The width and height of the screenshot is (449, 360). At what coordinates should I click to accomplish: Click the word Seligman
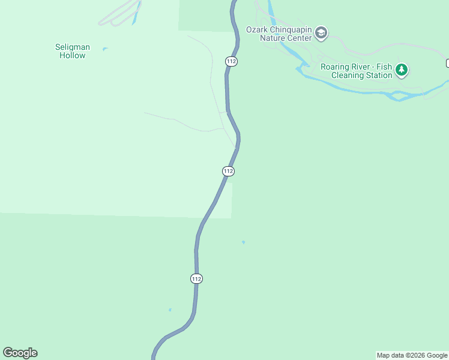pyautogui.click(x=72, y=47)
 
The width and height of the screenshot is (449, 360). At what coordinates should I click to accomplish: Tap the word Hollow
pyautogui.click(x=72, y=55)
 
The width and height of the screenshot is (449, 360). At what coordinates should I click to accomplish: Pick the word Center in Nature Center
pyautogui.click(x=299, y=38)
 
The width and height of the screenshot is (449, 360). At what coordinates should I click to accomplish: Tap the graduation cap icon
pyautogui.click(x=321, y=33)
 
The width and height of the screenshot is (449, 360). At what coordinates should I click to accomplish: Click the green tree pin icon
pyautogui.click(x=402, y=70)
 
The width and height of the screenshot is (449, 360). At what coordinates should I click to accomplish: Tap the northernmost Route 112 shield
pyautogui.click(x=231, y=61)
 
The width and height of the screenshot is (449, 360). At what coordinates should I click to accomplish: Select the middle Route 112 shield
pyautogui.click(x=228, y=171)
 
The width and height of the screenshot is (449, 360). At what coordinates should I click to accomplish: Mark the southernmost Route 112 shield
pyautogui.click(x=196, y=278)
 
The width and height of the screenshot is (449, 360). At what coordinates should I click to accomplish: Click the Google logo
pyautogui.click(x=20, y=353)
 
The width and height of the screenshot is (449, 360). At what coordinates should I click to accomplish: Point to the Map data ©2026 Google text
pyautogui.click(x=412, y=355)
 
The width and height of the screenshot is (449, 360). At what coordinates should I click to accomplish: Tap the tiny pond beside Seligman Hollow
pyautogui.click(x=105, y=49)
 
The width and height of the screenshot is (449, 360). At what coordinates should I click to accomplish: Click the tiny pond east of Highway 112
pyautogui.click(x=243, y=242)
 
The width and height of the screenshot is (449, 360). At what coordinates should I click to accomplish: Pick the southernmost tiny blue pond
pyautogui.click(x=170, y=310)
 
